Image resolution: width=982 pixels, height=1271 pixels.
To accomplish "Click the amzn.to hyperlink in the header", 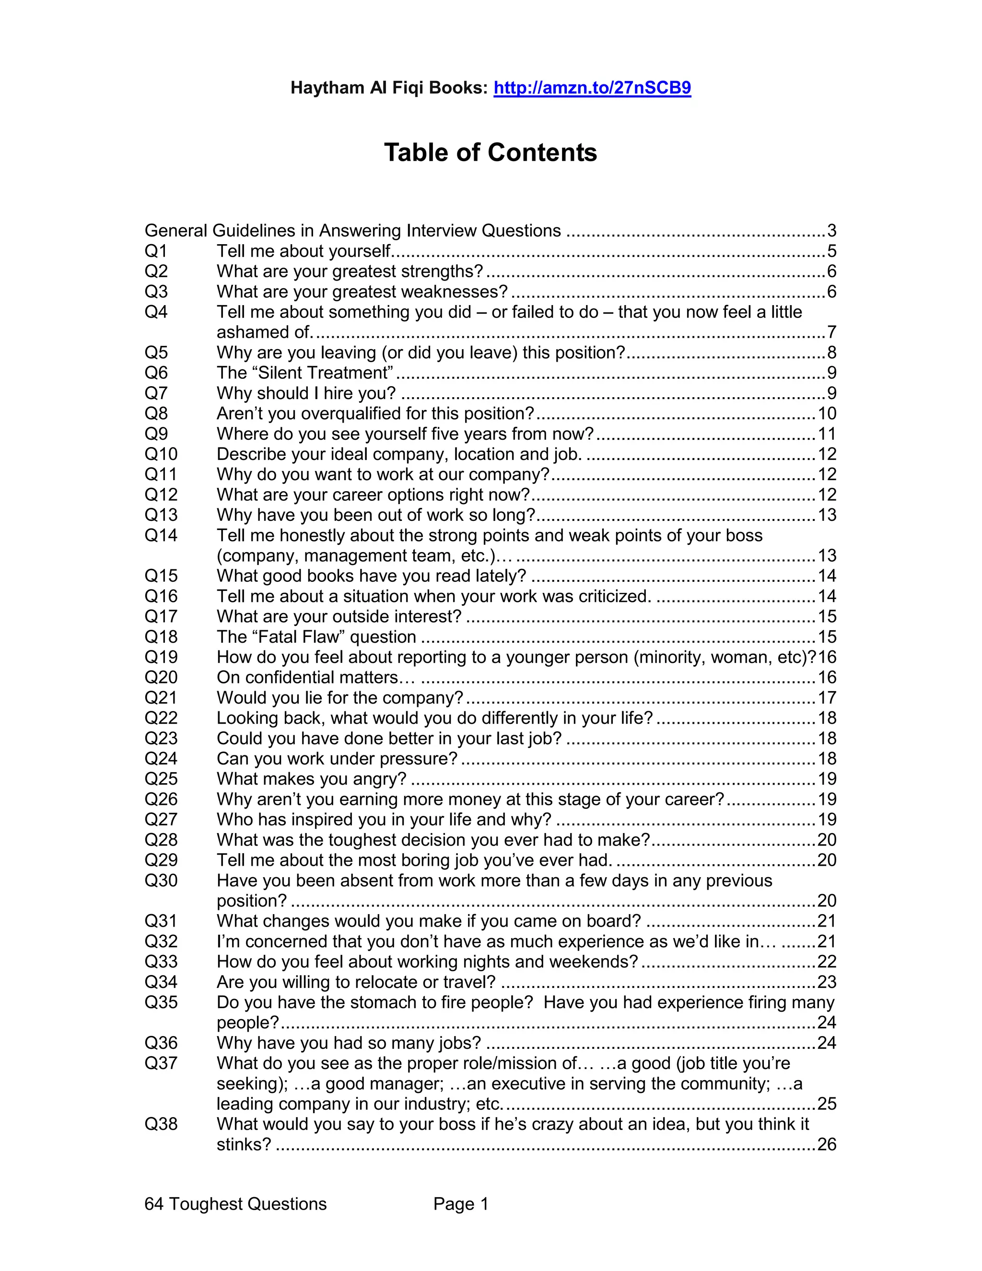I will click(x=592, y=88).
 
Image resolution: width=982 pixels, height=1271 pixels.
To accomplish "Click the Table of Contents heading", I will click(x=491, y=153).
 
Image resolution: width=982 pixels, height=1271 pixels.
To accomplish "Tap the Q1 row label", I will click(x=156, y=251).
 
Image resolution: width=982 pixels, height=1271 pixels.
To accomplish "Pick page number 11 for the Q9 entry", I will click(x=827, y=434).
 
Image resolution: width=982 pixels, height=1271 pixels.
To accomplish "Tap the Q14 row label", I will click(x=161, y=535).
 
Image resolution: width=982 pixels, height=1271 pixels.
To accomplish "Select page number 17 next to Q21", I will click(x=827, y=697).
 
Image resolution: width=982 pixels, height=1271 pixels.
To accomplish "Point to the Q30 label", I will click(x=161, y=880).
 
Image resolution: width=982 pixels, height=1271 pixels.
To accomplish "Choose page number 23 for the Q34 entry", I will click(x=827, y=982).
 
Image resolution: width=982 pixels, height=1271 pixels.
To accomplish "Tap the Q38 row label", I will click(x=161, y=1124).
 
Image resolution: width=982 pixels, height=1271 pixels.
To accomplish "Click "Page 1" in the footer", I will click(x=460, y=1204).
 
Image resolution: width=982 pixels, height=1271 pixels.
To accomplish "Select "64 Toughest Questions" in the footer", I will click(x=235, y=1204).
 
